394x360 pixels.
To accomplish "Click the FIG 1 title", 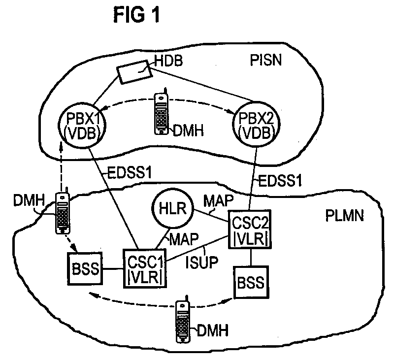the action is pos(136,15).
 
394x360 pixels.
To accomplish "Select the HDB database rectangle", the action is pos(134,72).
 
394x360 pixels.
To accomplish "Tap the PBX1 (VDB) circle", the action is pos(82,125).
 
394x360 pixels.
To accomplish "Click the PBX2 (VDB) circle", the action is pos(256,125).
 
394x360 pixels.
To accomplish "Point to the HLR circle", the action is pos(173,208).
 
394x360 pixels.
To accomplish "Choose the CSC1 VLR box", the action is pos(145,268).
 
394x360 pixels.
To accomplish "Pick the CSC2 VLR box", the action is pos(250,229).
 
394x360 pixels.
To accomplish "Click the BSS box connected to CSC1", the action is pos(85,268).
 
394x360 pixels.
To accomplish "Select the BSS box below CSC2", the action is pos(251,282).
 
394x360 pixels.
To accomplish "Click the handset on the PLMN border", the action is pos(63,211).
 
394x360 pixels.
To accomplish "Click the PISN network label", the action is pos(266,60).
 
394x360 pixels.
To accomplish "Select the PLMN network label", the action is pos(344,216).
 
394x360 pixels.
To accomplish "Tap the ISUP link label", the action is pos(202,262).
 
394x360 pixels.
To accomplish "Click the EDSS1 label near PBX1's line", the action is pos(130,173).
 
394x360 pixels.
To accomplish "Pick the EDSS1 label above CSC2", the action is pos(280,180).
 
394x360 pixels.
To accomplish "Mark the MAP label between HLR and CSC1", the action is pos(184,239).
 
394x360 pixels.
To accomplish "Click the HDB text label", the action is pos(168,61).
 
